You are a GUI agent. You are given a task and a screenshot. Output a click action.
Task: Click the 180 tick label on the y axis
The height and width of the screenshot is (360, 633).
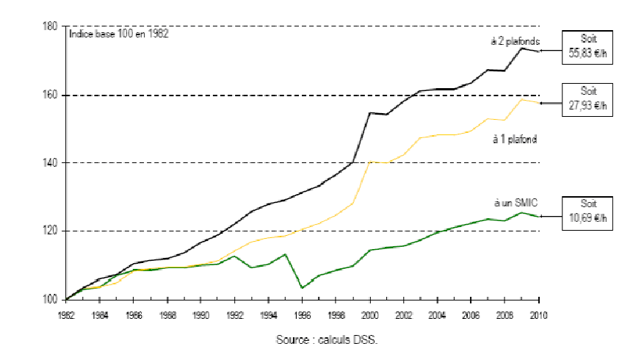point(51,26)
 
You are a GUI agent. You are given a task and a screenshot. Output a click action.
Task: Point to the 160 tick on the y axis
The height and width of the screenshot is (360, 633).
point(51,95)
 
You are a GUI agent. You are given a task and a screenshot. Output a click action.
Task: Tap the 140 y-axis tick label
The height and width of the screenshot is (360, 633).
point(51,162)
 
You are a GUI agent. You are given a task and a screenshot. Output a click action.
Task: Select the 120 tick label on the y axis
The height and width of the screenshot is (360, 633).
point(51,231)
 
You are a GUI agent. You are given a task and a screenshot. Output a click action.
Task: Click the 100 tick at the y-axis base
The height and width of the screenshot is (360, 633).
point(51,299)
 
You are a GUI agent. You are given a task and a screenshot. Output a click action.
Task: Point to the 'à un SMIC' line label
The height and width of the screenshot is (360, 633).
point(514,201)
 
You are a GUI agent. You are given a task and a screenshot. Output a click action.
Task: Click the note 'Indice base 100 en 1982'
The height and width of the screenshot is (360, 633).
point(118,35)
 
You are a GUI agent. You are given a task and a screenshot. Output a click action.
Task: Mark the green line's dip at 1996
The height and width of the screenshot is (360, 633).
point(303,288)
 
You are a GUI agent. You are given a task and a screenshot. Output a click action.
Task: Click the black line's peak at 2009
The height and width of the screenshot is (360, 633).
point(522,48)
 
